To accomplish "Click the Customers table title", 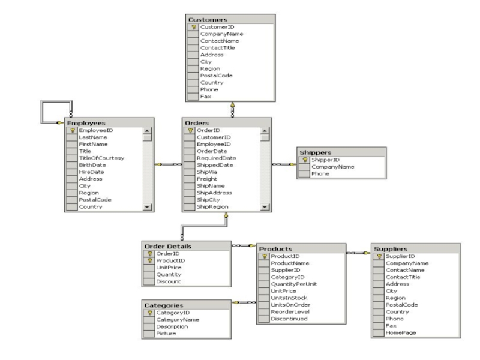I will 208,19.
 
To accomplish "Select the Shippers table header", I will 316,152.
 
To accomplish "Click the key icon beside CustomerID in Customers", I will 193,27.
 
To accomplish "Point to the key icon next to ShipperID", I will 304,160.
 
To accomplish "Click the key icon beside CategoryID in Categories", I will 149,313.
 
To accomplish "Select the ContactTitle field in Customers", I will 217,48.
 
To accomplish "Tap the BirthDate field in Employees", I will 92,164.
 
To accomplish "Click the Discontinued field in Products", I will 289,319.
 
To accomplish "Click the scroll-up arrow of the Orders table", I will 265,130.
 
